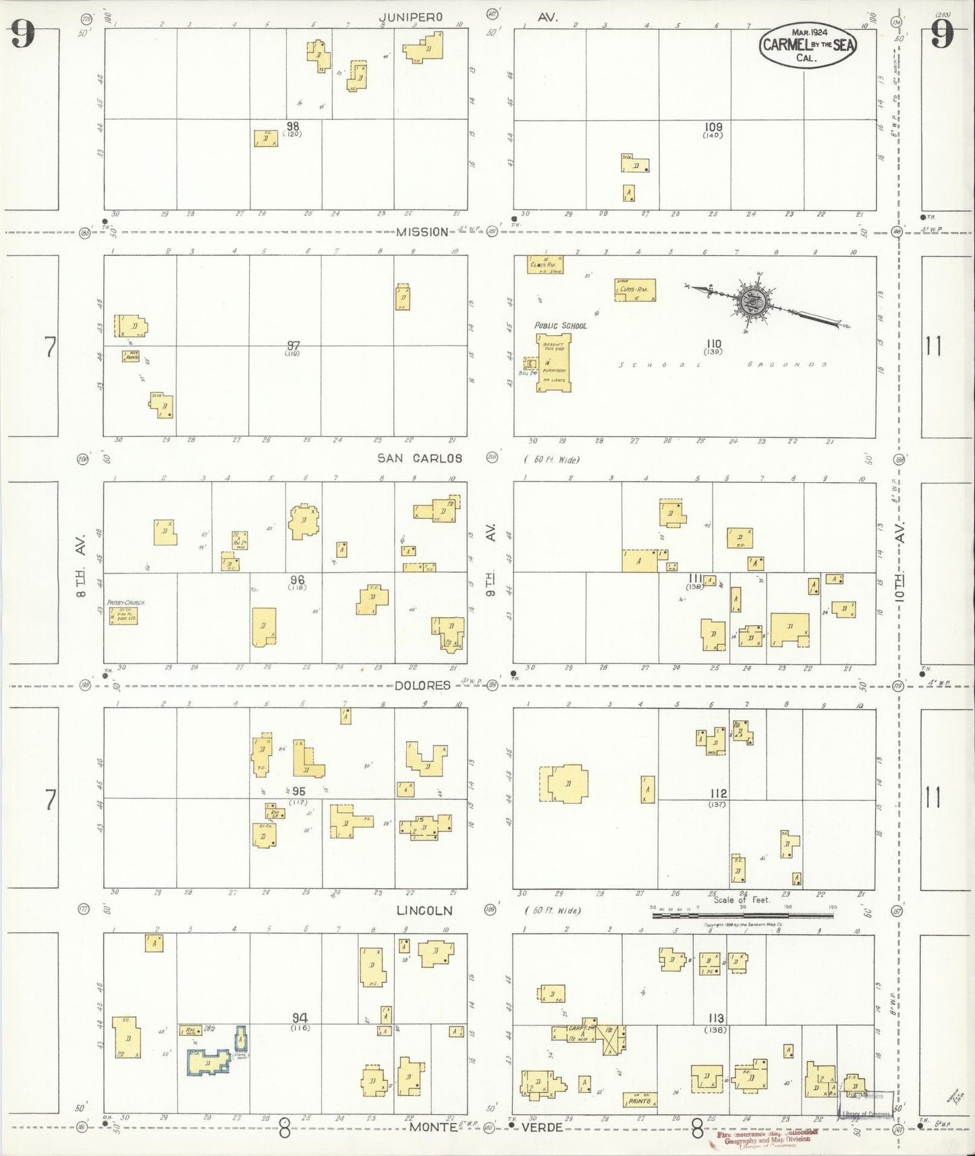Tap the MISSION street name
(x=422, y=232)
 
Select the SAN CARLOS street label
(x=419, y=459)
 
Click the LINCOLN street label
(x=424, y=911)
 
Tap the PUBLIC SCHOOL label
(x=560, y=326)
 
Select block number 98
(x=292, y=126)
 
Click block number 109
(x=713, y=127)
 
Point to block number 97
(x=292, y=345)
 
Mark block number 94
(x=300, y=1017)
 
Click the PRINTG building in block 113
(x=640, y=1101)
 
